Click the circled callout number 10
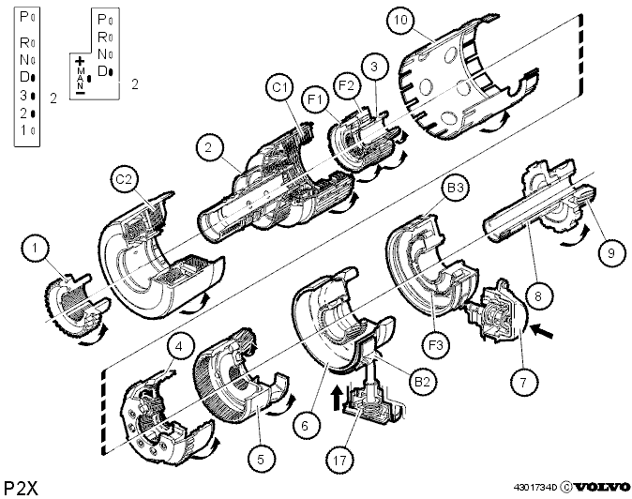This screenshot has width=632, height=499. pos(401,20)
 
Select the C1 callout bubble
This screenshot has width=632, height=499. pos(279,87)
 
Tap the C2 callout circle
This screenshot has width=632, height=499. pos(124,179)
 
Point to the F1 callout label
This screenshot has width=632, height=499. pos(316,99)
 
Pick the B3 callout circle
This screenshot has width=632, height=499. pos(456,188)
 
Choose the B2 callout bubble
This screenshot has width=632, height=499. pos(422,382)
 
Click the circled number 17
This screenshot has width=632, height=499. pos(339,460)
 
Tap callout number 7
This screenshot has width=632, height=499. pos(523,382)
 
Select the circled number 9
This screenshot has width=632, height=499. pos(611,253)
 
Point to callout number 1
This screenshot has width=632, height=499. pos(35,248)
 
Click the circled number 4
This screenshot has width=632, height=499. pos(179,346)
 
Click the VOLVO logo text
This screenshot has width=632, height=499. pos(602,488)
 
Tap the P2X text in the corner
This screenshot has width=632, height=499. pos(21,489)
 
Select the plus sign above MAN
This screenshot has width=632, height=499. pos(81,61)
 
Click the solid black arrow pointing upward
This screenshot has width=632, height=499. pos(336,397)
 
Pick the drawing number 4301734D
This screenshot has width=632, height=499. pos(535,488)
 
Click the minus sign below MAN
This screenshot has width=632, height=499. pos(81,93)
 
